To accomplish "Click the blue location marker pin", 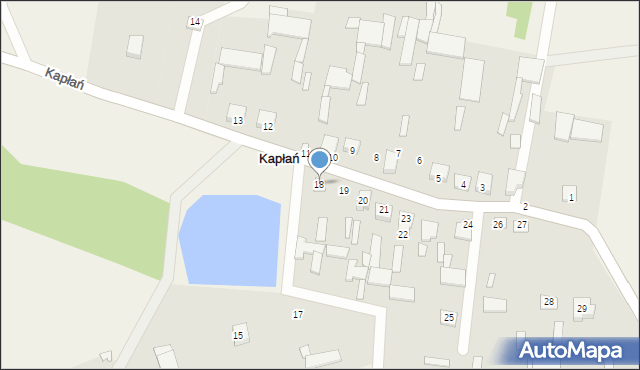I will (x=319, y=160).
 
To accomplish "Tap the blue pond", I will (x=229, y=240).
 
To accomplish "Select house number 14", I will (x=194, y=22).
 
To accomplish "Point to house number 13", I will (x=237, y=121).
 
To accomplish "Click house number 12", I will (x=267, y=127).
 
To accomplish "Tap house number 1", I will (x=571, y=197).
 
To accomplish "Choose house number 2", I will (x=525, y=207).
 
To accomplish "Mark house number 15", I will (x=237, y=335).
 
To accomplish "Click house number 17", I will (x=297, y=315).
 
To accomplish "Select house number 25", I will (x=448, y=317).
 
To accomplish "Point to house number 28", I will (x=548, y=302).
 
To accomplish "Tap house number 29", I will (x=582, y=309).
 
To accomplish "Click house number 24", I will (x=467, y=225).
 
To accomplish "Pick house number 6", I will (x=419, y=161).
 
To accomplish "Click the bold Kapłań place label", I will (x=278, y=159).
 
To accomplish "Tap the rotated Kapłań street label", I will (x=64, y=78).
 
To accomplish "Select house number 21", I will (x=383, y=210).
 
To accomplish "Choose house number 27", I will (x=521, y=225).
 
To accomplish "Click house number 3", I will (x=482, y=188).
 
